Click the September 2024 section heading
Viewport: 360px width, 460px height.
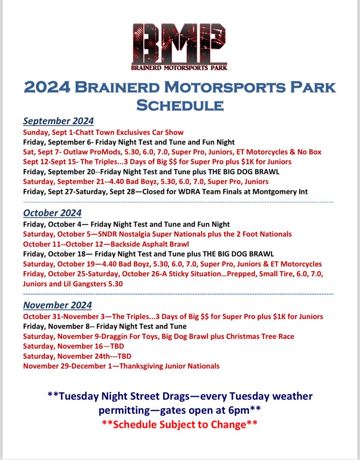tap(58, 121)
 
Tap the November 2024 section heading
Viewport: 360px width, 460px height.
tap(58, 305)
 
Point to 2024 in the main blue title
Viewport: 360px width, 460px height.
tap(47, 87)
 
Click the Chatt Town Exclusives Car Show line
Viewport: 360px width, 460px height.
tap(104, 132)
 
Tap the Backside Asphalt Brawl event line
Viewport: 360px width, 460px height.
tap(106, 244)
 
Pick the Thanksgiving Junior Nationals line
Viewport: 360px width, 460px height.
tap(121, 366)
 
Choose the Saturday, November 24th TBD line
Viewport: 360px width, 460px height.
tap(77, 356)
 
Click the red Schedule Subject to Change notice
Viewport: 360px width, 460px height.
tap(179, 425)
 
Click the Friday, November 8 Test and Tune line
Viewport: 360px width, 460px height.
tap(105, 327)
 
